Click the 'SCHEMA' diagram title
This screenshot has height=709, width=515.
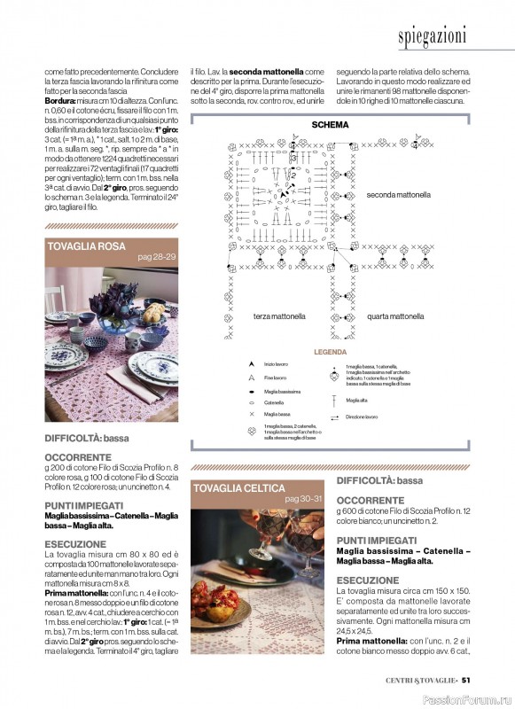pos(329,125)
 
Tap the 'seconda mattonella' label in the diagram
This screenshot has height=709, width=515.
pos(398,194)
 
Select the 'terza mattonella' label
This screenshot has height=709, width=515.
pos(278,316)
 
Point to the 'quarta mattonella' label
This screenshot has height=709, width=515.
pos(394,316)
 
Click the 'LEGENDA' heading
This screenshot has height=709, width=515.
pos(330,352)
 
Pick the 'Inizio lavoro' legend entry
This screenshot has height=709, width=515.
pos(276,364)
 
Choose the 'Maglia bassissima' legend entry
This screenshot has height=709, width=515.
pos(281,391)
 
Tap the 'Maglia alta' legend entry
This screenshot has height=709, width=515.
pos(357,400)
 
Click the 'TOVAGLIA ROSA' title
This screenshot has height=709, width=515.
pos(84,245)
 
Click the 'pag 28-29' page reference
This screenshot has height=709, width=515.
pos(157,256)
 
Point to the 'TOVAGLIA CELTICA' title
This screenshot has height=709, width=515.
pos(239,488)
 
